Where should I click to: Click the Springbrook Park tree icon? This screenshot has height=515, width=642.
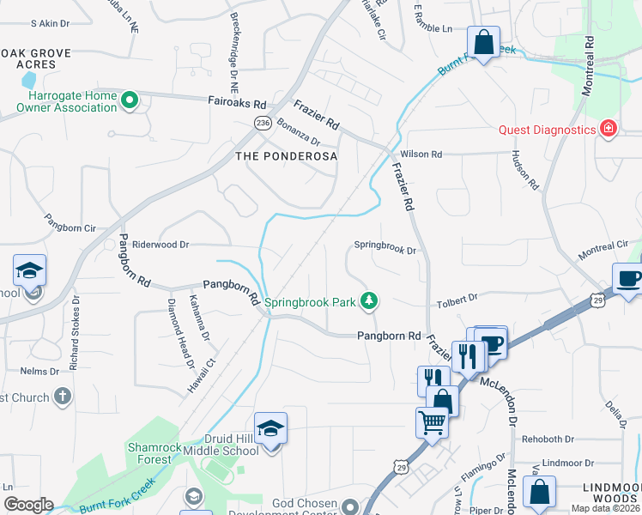[369, 300]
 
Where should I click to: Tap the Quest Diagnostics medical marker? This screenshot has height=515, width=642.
[609, 129]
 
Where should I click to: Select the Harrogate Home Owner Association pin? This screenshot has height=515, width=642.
[130, 101]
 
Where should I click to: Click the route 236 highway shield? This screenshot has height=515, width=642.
[262, 124]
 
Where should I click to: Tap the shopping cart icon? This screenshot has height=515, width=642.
[431, 421]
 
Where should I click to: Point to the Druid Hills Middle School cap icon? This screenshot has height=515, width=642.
[270, 427]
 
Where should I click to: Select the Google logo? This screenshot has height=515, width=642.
[28, 505]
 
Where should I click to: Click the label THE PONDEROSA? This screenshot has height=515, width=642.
[287, 156]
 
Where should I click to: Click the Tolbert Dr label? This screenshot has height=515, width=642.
[457, 299]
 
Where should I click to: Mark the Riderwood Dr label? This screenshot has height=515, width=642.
[160, 245]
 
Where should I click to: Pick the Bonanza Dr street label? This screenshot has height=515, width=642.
[298, 134]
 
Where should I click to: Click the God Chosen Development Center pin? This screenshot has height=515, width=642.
[349, 506]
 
